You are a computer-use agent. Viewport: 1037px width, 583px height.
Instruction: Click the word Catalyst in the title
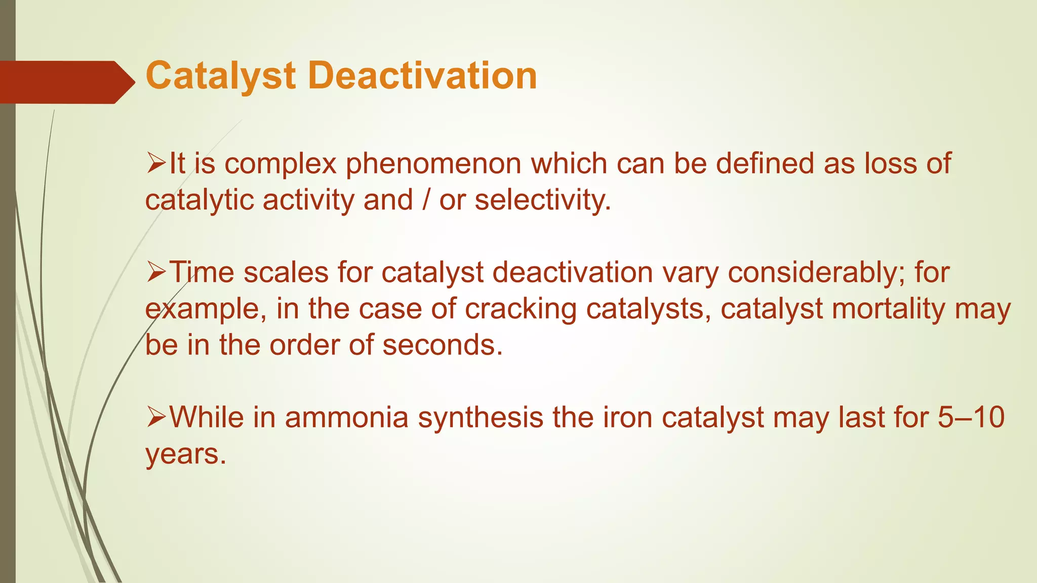(x=220, y=76)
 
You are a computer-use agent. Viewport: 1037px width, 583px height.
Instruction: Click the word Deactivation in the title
(x=422, y=76)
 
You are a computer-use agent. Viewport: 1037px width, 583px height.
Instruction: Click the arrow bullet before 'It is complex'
(x=156, y=164)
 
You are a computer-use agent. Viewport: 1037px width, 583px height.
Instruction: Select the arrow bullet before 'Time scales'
(x=156, y=273)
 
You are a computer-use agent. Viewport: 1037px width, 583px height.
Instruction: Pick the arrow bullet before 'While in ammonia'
(x=156, y=418)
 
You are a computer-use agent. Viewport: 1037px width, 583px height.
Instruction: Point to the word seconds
(x=443, y=346)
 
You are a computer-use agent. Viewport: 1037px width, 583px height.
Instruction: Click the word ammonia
(x=346, y=418)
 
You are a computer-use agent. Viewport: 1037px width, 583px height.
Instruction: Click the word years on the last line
(x=185, y=454)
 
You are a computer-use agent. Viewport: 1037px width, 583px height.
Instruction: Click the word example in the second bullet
(x=206, y=309)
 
